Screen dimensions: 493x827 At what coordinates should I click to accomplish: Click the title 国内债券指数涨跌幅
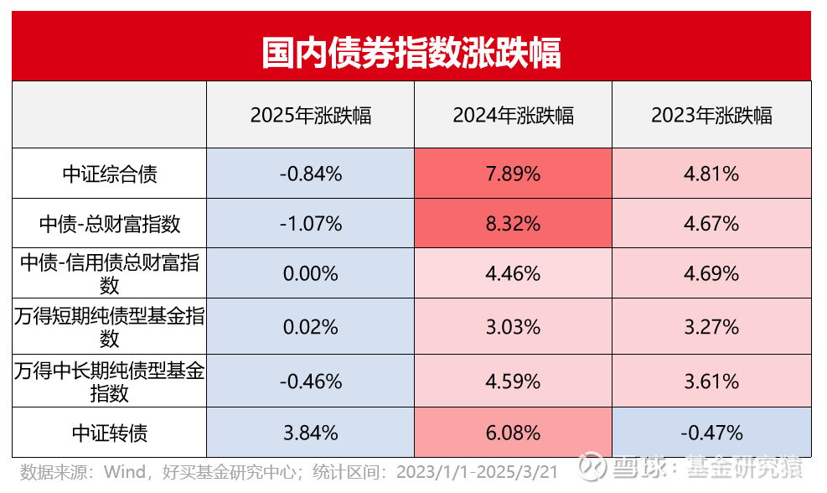tap(411, 52)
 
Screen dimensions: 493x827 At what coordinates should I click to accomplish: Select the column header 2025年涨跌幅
tap(310, 116)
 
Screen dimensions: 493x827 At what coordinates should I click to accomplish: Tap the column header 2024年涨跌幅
tap(513, 116)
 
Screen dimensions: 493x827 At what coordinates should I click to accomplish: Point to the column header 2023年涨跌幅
tap(711, 116)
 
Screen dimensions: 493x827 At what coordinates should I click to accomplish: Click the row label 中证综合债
tap(110, 174)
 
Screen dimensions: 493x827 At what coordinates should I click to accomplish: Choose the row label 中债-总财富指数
tap(110, 224)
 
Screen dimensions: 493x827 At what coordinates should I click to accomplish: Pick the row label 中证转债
tap(110, 433)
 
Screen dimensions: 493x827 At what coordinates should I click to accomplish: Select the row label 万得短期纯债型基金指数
tap(110, 327)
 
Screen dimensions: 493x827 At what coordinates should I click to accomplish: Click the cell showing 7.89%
tap(513, 174)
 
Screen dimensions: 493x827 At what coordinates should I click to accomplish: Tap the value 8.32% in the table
tap(513, 224)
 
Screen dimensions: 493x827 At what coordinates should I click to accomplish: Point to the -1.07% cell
tap(310, 224)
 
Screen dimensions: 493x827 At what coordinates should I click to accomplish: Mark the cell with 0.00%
tap(310, 273)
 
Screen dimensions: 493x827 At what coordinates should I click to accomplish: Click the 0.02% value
tap(310, 327)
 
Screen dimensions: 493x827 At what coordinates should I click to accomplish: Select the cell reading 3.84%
tap(310, 433)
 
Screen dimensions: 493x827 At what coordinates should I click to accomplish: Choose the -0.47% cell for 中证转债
tap(711, 433)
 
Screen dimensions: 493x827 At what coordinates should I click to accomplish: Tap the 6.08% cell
tap(513, 433)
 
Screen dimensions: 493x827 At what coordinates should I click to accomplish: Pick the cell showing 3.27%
tap(711, 327)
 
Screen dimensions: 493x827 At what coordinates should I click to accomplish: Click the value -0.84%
tap(310, 174)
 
